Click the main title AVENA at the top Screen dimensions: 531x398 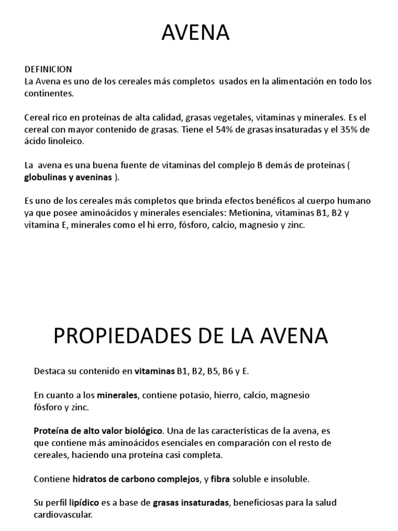coord(196,34)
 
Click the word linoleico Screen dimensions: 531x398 coord(63,142)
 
